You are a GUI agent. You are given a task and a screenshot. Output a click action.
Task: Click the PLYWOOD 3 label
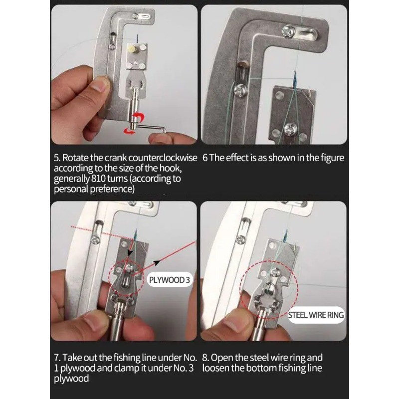[x=170, y=280]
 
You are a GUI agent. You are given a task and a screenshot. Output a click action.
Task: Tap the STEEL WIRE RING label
[x=316, y=315]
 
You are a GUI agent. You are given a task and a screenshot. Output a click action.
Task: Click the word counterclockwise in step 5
[x=163, y=158]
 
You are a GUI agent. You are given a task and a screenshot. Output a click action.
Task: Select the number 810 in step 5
[x=98, y=179]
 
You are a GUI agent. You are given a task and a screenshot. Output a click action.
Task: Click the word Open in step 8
[x=221, y=358]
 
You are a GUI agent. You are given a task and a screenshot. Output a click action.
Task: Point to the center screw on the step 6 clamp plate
[x=291, y=128]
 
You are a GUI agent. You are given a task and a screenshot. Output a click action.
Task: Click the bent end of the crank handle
[x=164, y=130]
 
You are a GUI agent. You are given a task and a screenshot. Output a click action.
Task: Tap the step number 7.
[x=56, y=358]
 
